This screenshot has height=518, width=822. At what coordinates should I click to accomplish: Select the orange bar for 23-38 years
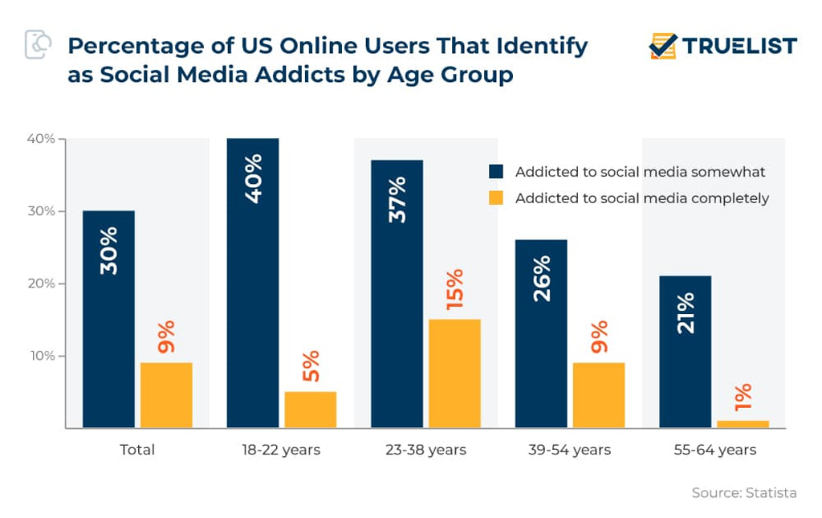(454, 373)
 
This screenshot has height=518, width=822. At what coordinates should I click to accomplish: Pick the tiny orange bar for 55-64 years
(743, 424)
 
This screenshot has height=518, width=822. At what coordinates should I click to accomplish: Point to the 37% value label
(397, 199)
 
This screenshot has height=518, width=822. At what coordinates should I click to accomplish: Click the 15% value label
(454, 290)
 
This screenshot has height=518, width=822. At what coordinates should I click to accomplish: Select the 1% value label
(743, 399)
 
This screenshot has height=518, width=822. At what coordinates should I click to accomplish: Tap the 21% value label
(685, 312)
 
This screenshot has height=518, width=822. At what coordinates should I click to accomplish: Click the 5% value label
(311, 365)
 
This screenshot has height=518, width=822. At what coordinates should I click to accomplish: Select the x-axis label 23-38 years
(425, 450)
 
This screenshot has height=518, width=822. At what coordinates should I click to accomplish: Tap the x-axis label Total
(137, 450)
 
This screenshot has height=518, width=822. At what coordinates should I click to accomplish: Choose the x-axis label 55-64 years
(714, 450)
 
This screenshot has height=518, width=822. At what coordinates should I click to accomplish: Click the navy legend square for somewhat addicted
(496, 172)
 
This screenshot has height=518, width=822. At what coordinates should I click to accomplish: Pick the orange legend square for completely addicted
(496, 198)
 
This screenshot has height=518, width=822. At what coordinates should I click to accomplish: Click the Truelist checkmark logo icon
(663, 46)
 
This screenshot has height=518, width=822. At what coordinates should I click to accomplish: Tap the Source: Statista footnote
(744, 492)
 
